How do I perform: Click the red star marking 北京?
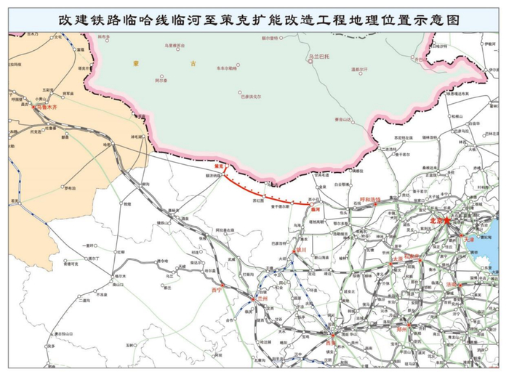pos(448,221)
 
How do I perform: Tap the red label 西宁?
pos(215,290)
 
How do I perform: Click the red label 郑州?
pos(402,328)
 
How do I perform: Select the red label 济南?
pos(452,285)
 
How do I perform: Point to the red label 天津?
pos(468,239)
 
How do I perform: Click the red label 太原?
pos(396,259)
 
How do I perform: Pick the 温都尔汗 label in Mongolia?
pos(361,70)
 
